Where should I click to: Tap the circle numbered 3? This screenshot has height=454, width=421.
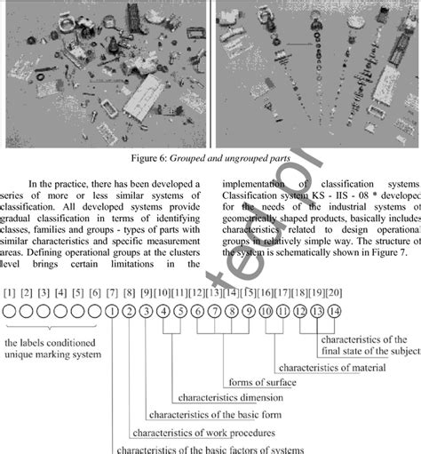pyautogui.click(x=147, y=311)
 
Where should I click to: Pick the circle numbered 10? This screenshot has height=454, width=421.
pyautogui.click(x=266, y=311)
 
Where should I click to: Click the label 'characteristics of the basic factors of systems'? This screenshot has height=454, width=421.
pyautogui.click(x=210, y=448)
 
